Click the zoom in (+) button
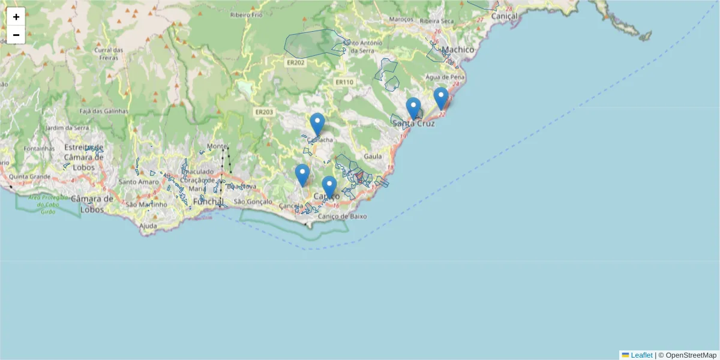coord(16,17)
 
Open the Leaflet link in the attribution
coord(641,355)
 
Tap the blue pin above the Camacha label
coord(317,125)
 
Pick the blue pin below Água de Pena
coord(441,99)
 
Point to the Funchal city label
coord(208,202)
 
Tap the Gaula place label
coord(373,156)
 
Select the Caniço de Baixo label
coord(343,216)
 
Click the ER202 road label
coord(295,62)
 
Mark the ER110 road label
coord(344,82)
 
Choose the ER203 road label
coord(264,112)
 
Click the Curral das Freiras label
coord(109,54)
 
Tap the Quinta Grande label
coord(30,177)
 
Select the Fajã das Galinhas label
coord(104,111)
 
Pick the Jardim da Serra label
coord(67,128)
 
